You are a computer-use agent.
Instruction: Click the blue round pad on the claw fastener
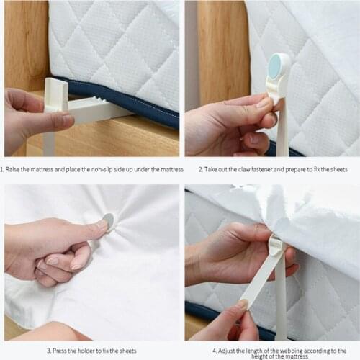coord(276,68)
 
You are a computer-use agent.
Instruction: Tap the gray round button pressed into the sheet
coord(108,219)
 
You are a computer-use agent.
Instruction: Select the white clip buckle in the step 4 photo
coord(276,245)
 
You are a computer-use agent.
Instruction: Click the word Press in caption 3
coord(60,351)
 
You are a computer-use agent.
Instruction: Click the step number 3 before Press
coord(48,351)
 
